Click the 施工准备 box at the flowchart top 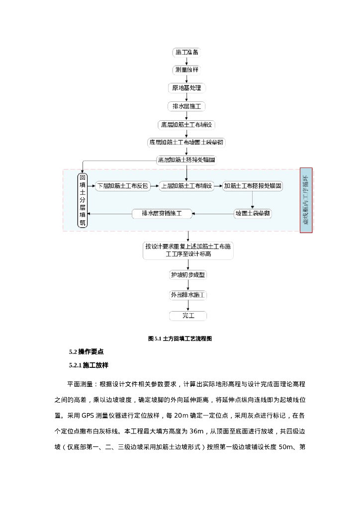[x=186, y=52]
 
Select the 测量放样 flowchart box [x=186, y=70]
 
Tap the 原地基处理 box [x=186, y=88]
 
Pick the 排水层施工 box [x=186, y=106]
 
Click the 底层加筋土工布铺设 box [x=186, y=124]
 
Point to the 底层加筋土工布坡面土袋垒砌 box [x=186, y=142]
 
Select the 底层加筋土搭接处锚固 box [x=186, y=160]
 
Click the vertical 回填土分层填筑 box [x=83, y=200]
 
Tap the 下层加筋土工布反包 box [x=122, y=186]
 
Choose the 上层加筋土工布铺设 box [x=186, y=186]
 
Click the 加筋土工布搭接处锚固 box [x=253, y=186]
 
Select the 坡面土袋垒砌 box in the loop [x=253, y=214]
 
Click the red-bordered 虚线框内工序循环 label [x=306, y=200]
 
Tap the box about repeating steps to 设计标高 [x=188, y=250]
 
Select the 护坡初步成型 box [x=188, y=275]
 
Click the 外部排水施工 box [x=188, y=295]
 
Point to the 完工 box [x=188, y=316]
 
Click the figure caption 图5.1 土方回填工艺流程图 [x=180, y=339]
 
